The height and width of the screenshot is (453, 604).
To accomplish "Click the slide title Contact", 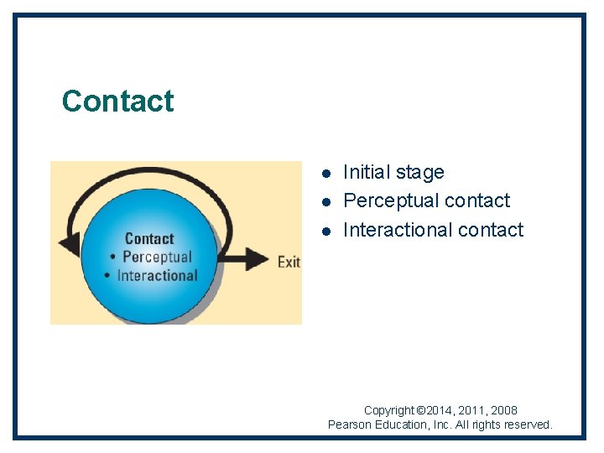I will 117,101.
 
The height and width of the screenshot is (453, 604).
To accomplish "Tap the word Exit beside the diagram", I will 289,262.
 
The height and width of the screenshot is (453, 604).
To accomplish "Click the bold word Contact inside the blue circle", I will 149,239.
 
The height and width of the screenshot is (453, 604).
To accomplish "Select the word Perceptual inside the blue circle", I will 157,257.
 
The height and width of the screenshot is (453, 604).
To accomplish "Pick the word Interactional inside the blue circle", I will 157,275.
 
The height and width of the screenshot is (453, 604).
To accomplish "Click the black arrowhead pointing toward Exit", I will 255,260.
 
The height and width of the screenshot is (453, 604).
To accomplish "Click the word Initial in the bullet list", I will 367,172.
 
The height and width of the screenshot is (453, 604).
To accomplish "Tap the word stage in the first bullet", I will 419,172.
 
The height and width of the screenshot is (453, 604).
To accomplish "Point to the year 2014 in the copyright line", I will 441,410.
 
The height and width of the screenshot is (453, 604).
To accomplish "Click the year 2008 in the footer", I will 503,410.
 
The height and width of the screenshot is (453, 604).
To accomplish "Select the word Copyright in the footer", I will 390,410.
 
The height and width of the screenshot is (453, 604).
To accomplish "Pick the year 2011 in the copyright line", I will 472,410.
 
